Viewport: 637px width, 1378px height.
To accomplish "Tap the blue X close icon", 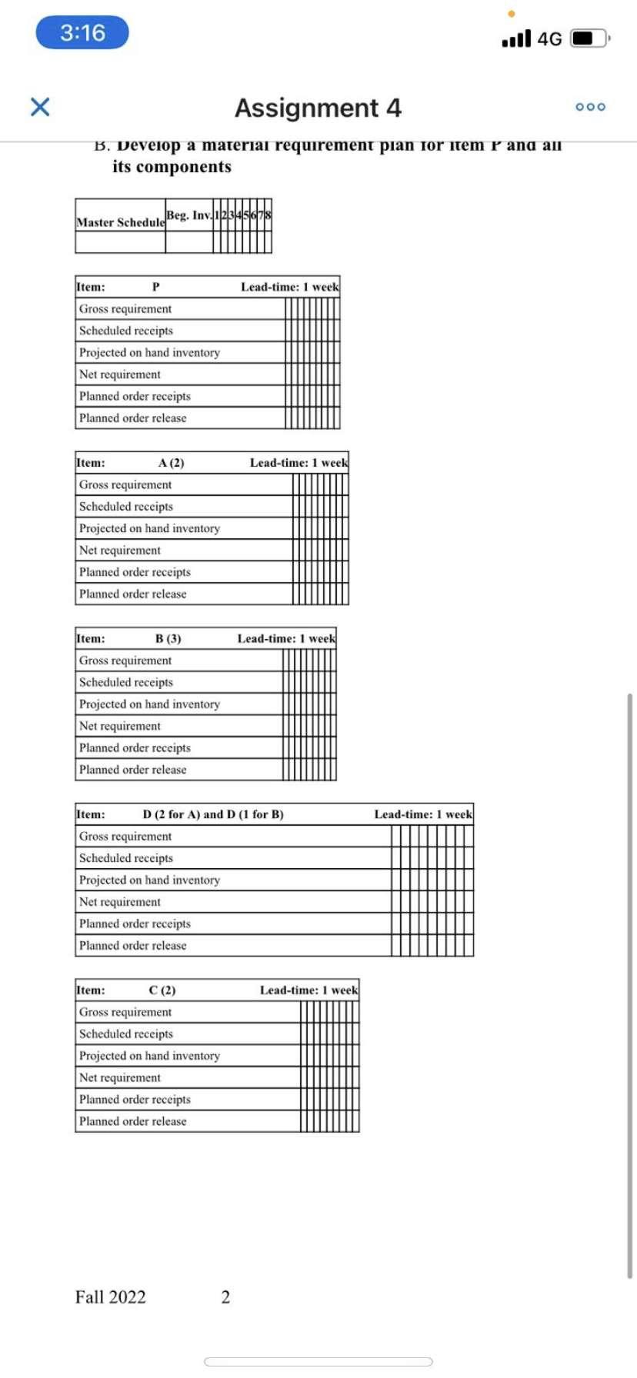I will click(40, 107).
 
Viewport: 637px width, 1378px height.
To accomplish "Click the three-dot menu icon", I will click(590, 107).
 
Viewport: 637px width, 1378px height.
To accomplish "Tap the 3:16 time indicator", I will click(82, 33).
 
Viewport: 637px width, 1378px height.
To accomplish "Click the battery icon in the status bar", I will click(589, 38).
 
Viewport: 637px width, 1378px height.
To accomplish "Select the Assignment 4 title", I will click(318, 108).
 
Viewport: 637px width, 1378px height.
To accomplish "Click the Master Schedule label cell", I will click(120, 222).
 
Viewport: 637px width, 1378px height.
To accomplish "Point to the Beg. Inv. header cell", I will click(188, 215).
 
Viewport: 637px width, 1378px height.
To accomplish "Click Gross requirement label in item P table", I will click(125, 309).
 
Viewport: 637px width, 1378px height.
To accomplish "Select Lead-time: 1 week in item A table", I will click(298, 463).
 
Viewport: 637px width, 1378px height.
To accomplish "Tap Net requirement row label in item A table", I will click(120, 551).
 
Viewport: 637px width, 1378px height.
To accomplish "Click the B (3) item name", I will click(168, 639).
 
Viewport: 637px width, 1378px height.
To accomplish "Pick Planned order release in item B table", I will click(132, 770).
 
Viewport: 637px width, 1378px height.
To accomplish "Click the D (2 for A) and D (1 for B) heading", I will click(213, 814).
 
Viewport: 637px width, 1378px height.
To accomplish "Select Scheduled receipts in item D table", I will click(126, 858).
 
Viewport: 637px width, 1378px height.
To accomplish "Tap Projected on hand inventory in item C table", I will click(149, 1056).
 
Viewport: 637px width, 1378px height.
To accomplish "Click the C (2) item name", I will click(162, 990).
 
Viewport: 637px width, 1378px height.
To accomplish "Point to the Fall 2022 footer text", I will click(110, 1297).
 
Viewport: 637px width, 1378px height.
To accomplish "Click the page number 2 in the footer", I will click(225, 1297).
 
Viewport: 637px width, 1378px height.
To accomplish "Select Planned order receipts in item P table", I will click(135, 397).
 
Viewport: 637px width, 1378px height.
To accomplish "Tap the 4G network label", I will click(549, 38).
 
